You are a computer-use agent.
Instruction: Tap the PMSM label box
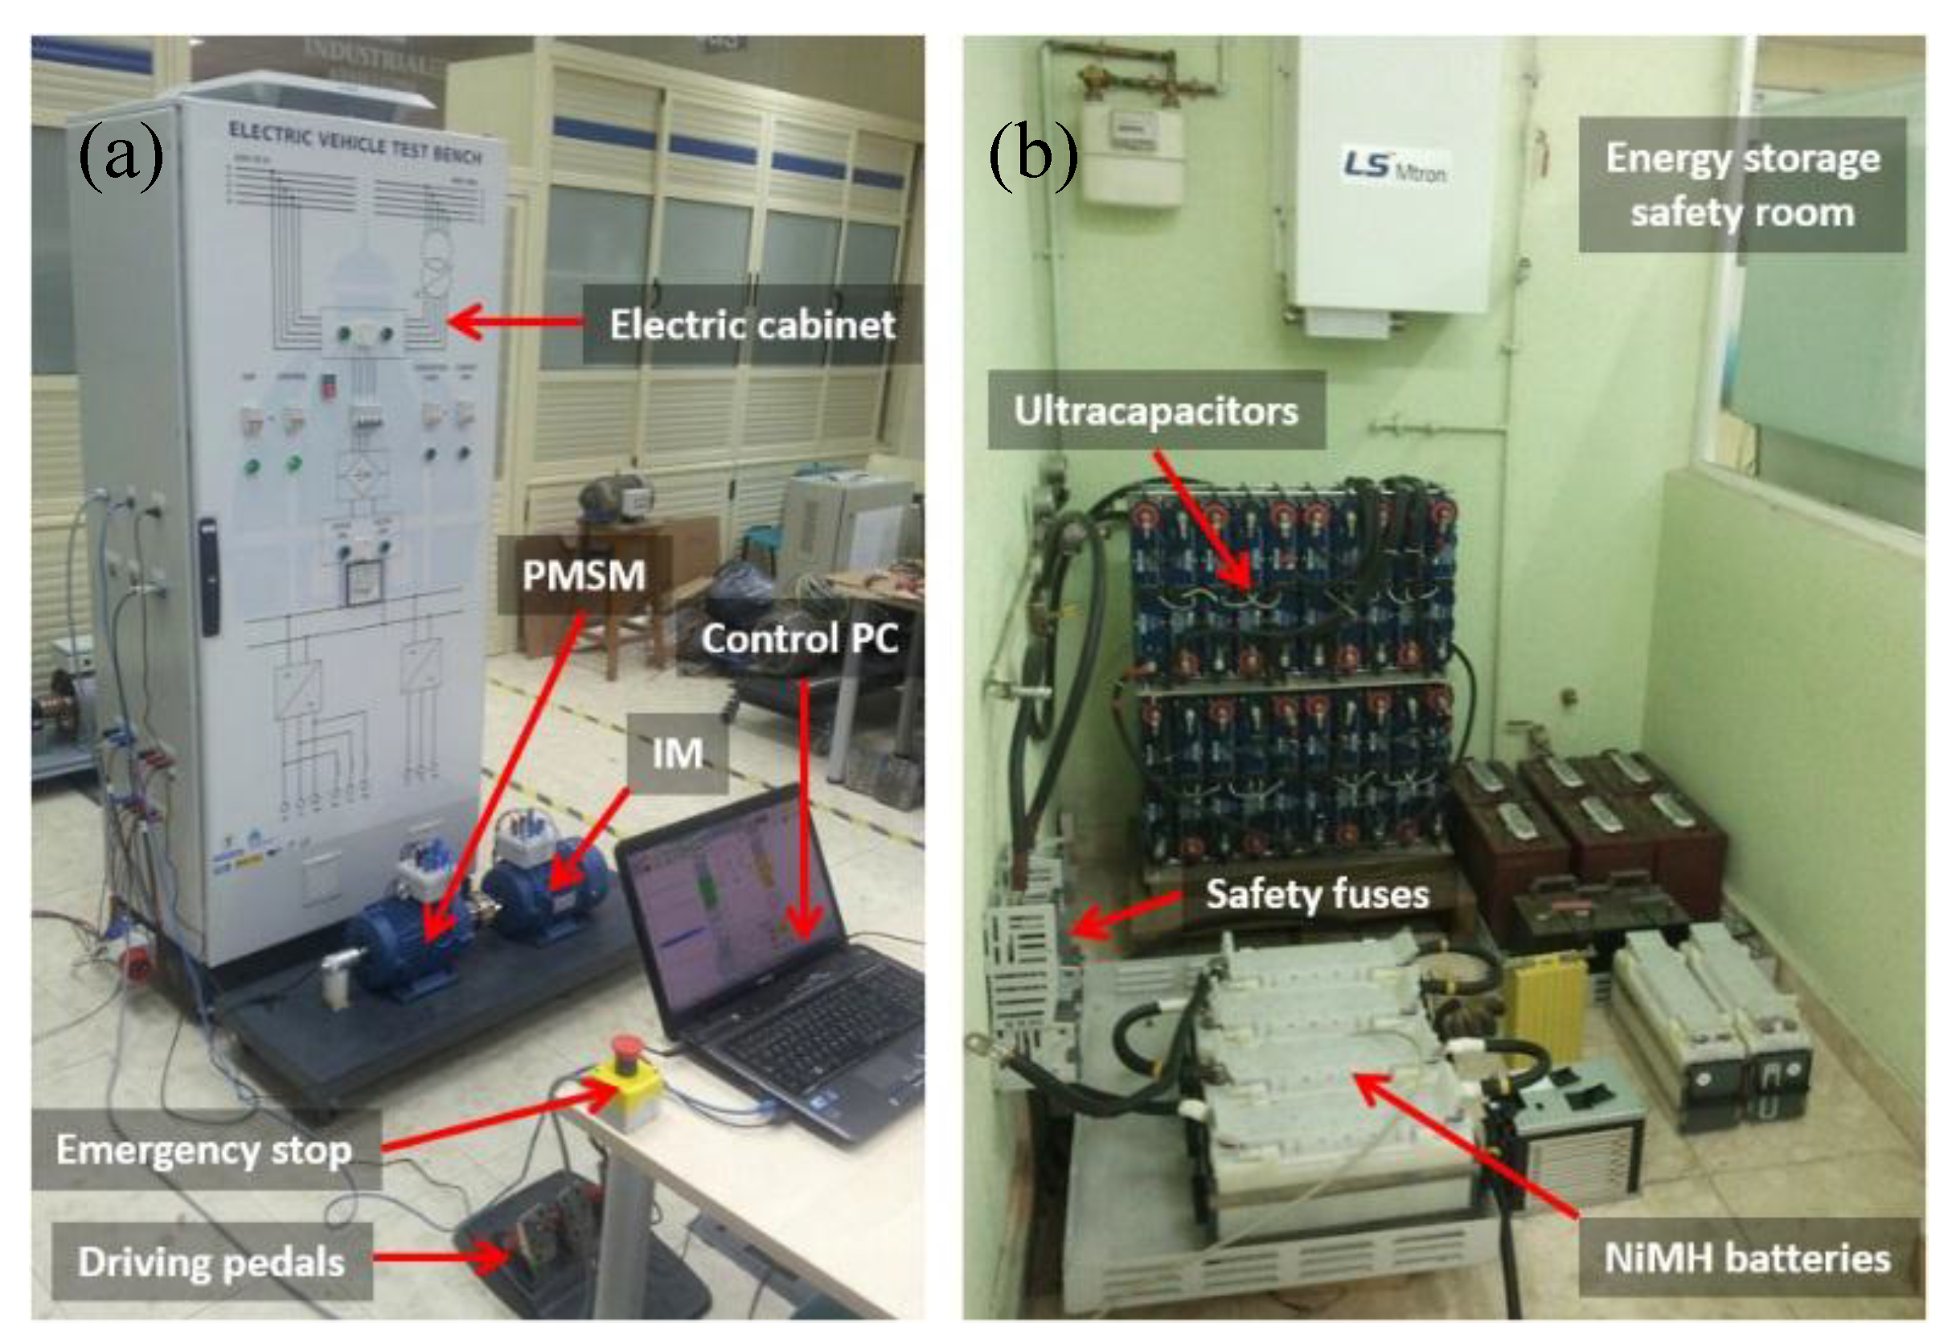(584, 576)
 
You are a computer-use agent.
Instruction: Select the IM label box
(677, 753)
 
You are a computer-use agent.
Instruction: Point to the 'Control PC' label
(800, 639)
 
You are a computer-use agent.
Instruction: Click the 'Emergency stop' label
(203, 1150)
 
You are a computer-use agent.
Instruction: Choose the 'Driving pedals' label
(211, 1263)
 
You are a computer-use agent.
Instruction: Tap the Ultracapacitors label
(1155, 411)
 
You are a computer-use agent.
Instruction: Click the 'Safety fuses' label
(1317, 893)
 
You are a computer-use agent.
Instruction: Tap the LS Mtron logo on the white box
(1393, 166)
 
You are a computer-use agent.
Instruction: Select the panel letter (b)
(1032, 153)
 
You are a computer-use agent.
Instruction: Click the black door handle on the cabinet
(209, 576)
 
